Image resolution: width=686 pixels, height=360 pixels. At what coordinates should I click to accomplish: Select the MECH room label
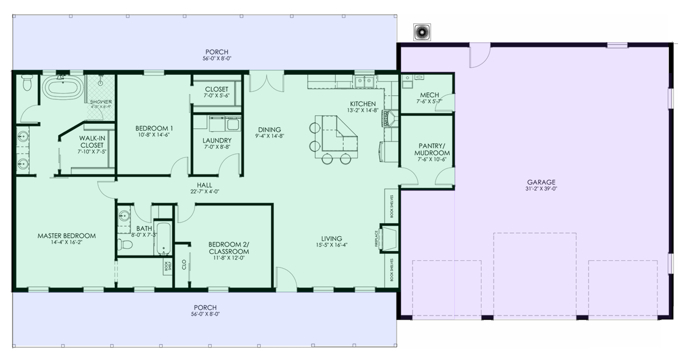coord(429,95)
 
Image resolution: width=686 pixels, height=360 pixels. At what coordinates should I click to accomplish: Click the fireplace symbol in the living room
coord(390,238)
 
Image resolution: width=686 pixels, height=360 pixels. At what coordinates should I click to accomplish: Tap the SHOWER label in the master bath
coord(100,102)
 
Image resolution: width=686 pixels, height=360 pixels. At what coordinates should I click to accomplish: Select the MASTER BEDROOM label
coord(67,236)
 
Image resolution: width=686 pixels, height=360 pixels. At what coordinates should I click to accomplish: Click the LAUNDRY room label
coord(217,140)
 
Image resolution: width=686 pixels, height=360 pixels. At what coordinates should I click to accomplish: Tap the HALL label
coord(204,185)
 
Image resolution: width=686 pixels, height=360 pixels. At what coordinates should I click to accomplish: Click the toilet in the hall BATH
coord(125,245)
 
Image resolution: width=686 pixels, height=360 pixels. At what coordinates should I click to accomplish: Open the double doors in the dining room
coord(266,81)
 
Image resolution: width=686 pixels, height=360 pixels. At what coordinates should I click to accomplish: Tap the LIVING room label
coord(331,238)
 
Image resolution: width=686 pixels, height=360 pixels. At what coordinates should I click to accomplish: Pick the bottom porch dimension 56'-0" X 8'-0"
coord(205,314)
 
